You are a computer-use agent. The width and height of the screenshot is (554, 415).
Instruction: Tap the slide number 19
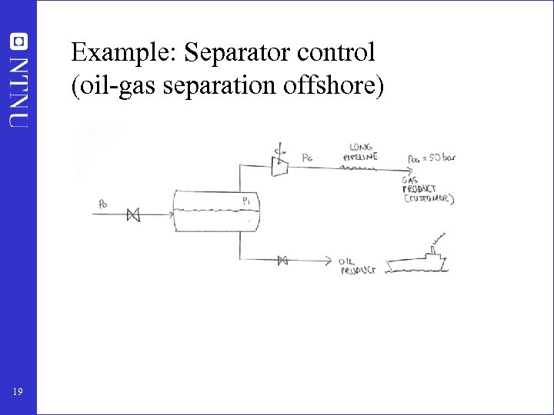18,393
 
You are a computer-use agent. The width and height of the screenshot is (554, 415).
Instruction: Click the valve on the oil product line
282,261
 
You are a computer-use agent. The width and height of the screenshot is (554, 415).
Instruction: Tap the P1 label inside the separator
246,201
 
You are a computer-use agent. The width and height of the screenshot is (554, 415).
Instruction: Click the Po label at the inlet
104,204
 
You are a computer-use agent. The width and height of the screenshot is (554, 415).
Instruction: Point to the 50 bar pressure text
432,158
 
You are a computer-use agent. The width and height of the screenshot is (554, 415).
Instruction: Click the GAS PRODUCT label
419,184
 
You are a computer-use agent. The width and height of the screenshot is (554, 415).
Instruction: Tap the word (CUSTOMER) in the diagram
429,199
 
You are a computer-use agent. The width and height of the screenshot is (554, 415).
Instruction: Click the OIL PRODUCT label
357,266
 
